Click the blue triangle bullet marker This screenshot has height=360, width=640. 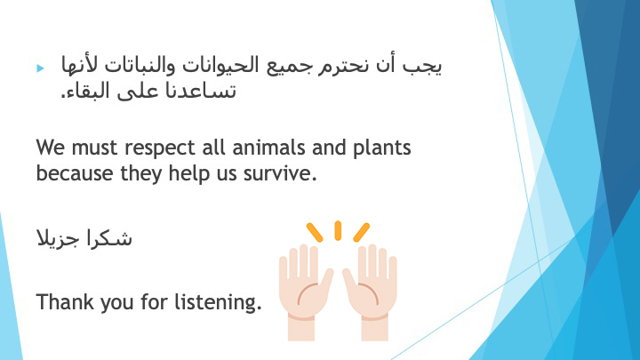point(40,68)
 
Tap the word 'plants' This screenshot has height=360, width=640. point(381,148)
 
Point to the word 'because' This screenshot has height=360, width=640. point(75,173)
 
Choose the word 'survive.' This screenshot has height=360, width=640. point(280,174)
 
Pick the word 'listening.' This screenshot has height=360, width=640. point(218,303)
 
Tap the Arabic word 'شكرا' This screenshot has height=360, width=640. point(109,238)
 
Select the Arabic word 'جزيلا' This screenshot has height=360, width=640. point(60,239)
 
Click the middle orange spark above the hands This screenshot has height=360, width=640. point(338,230)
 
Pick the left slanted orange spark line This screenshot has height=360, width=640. point(315,232)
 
